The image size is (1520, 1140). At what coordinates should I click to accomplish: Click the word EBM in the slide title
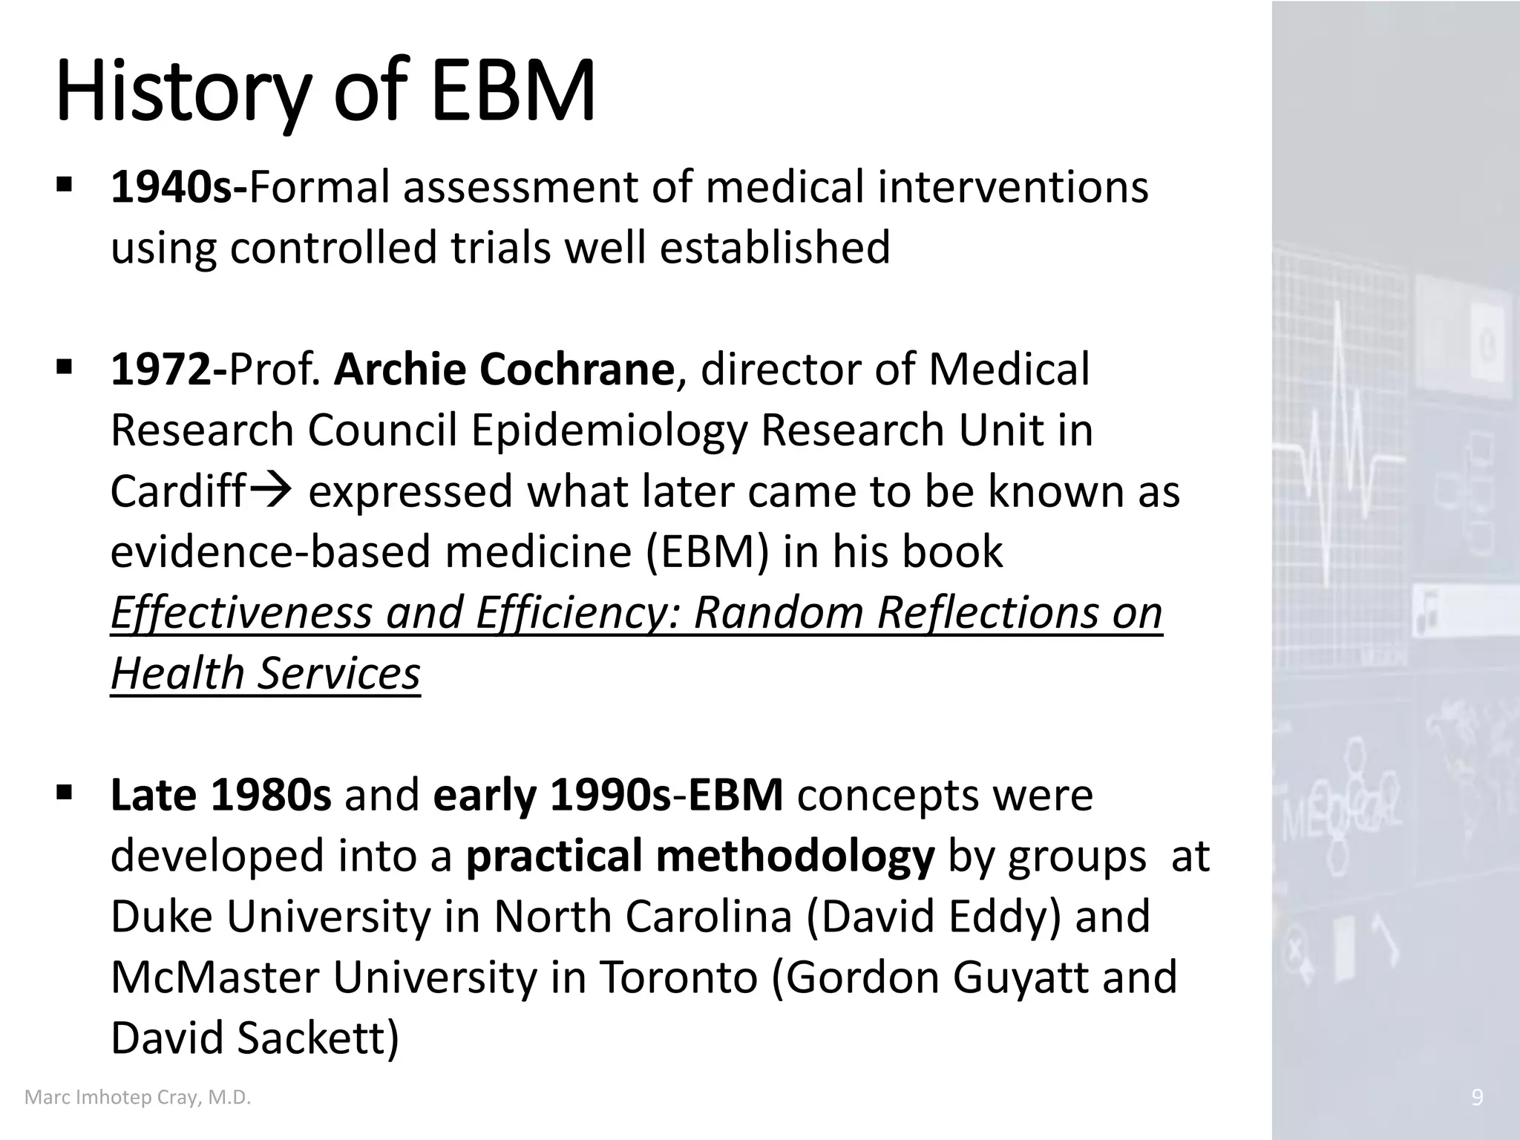513,92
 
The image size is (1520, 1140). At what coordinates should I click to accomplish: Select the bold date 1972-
168,369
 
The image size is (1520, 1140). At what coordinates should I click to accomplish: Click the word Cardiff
177,491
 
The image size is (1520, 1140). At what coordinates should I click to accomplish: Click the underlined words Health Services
265,673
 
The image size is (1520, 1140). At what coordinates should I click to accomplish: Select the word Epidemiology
609,430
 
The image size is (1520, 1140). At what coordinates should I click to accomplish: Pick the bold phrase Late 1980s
220,795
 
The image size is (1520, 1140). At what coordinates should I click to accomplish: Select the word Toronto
678,977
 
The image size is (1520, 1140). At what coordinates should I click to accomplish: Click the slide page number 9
1477,1098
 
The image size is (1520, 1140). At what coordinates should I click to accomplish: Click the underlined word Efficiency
576,613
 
